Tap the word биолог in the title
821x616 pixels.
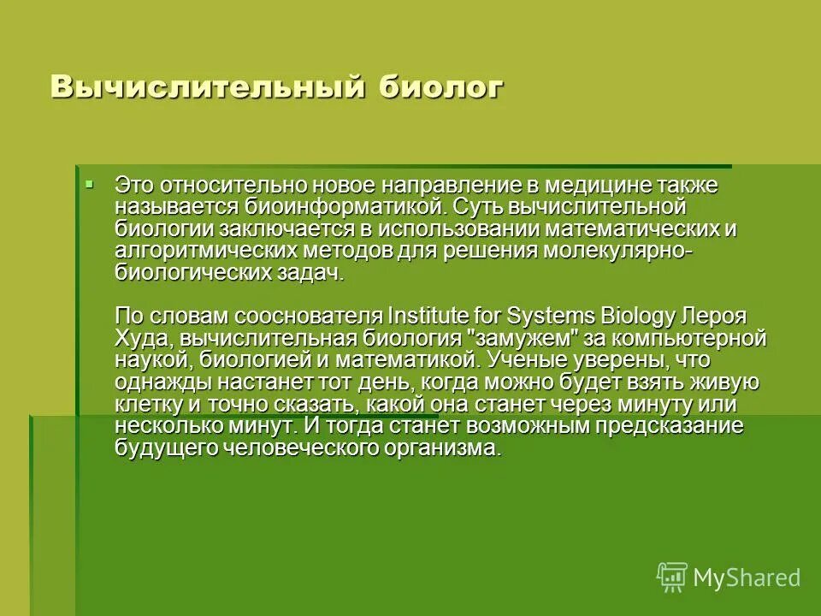point(437,86)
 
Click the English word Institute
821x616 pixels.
point(430,315)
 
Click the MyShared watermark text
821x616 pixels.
point(747,577)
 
